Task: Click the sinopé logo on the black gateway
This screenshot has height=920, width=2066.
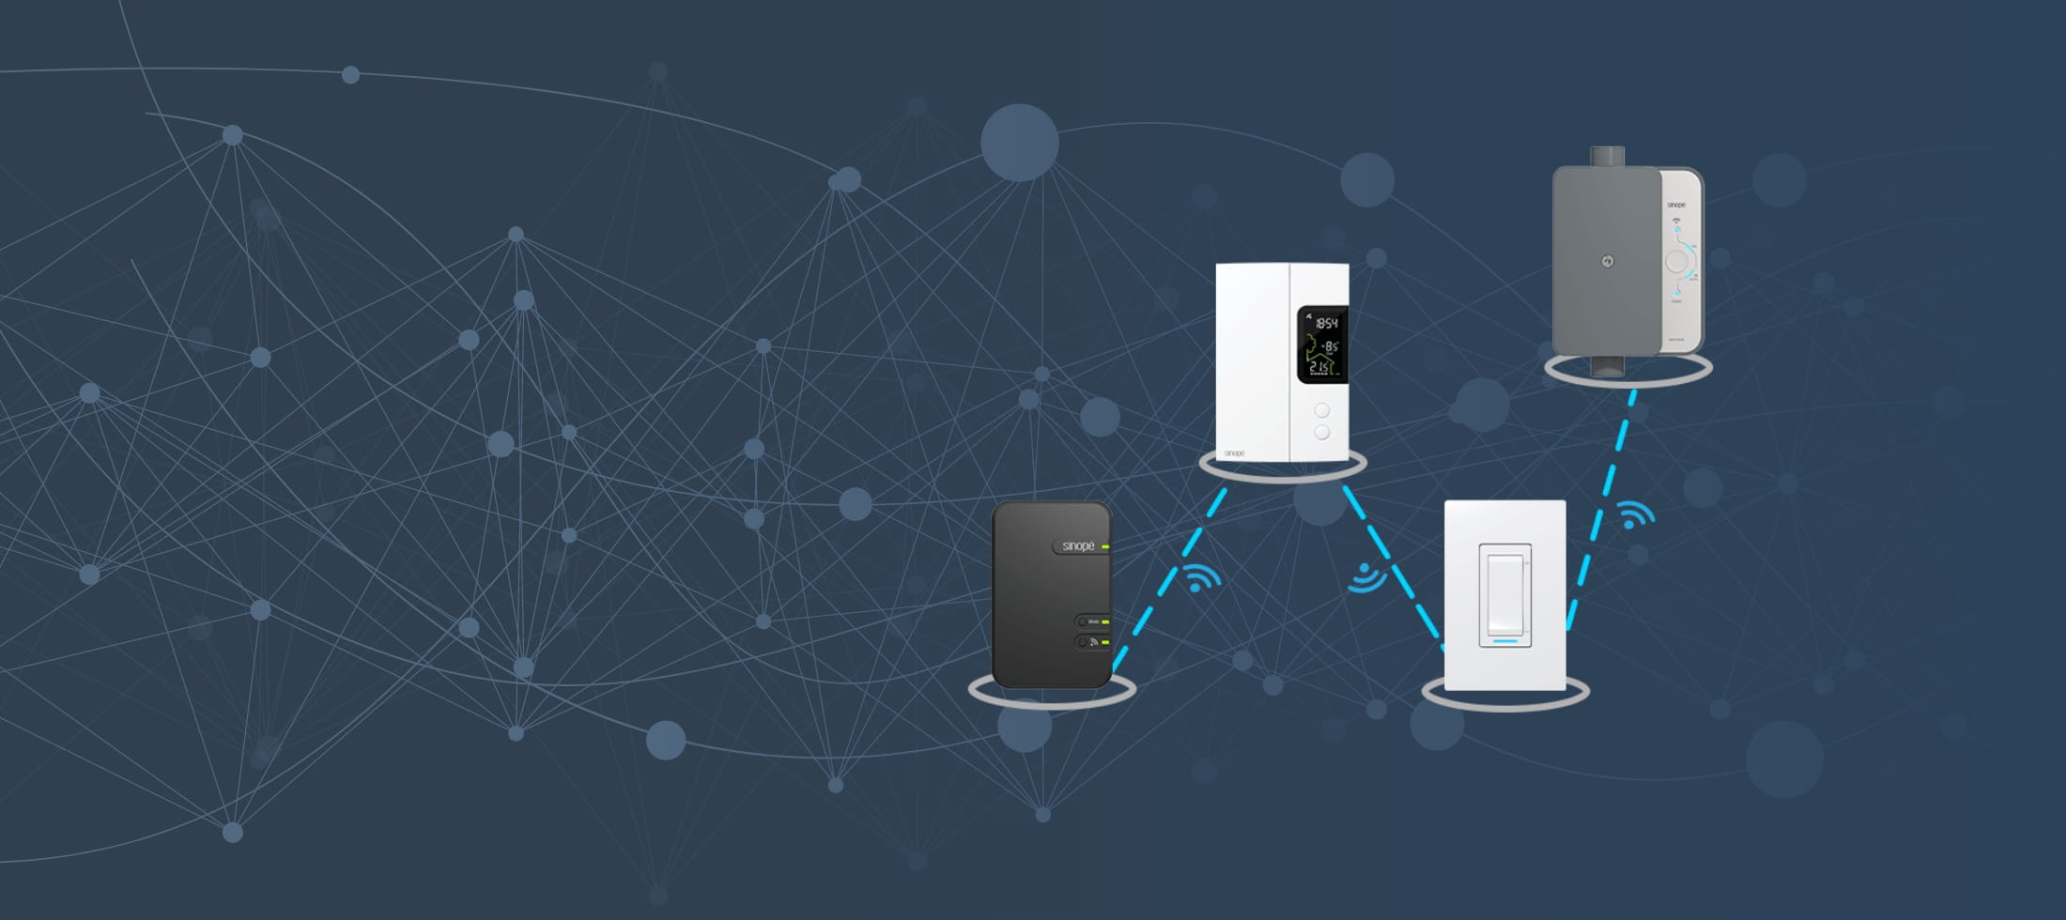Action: pos(1078,546)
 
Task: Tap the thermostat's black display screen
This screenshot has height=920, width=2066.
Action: pos(1322,344)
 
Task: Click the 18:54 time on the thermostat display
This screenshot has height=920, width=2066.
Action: pos(1326,323)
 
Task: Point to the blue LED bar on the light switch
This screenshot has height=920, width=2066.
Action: pos(1505,641)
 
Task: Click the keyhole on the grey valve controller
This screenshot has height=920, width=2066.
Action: pos(1608,262)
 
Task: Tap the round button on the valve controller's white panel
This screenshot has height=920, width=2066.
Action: pos(1676,261)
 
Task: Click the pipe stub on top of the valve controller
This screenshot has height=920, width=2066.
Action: pos(1608,157)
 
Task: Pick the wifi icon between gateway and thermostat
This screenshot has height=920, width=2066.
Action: pos(1201,577)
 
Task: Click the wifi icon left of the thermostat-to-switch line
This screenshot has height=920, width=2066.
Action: pos(1366,577)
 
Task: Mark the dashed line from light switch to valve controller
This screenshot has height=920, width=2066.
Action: pos(1602,507)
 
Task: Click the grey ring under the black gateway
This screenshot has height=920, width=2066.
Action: pos(1052,700)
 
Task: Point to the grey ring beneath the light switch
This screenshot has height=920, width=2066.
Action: pos(1505,703)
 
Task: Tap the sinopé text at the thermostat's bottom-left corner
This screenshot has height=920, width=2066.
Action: pos(1235,453)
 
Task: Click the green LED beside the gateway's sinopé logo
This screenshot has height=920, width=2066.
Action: pos(1106,546)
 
